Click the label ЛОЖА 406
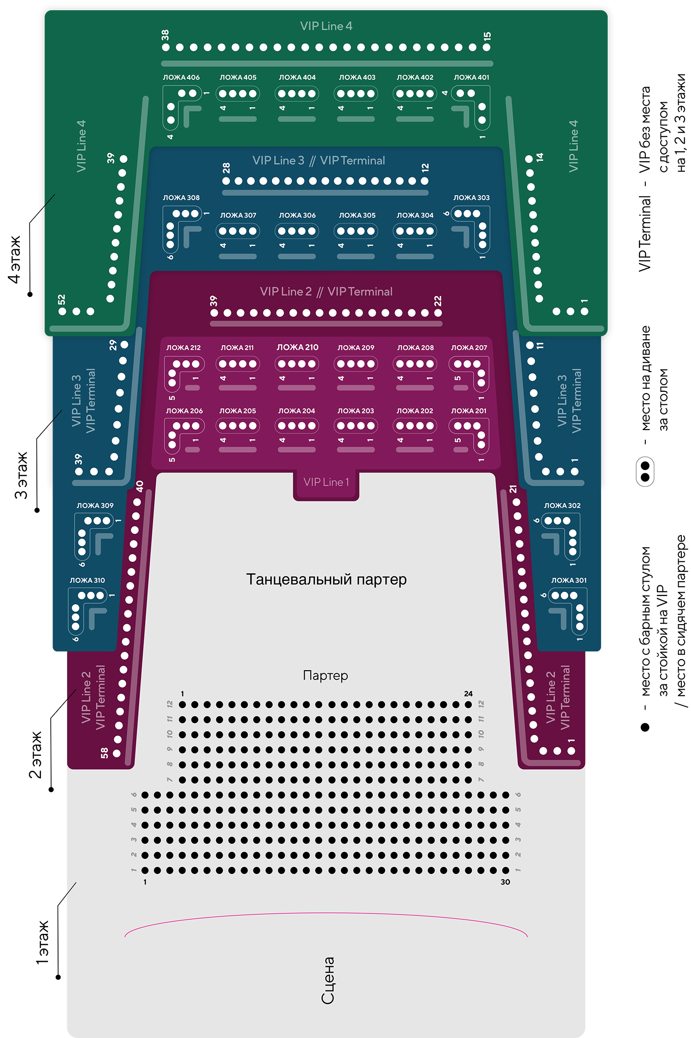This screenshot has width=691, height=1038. tap(181, 77)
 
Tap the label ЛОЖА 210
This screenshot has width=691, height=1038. tap(297, 347)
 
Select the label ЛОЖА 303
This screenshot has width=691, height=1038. tap(471, 197)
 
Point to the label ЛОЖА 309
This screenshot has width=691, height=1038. tap(95, 505)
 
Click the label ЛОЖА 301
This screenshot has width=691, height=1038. tap(569, 580)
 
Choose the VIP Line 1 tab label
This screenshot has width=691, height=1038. tap(326, 482)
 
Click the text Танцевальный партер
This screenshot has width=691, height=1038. tap(326, 579)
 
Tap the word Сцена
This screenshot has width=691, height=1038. tap(328, 980)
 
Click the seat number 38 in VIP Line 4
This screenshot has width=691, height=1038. tap(165, 35)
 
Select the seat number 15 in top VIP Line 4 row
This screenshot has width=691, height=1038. tap(487, 36)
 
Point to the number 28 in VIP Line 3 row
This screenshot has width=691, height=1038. tap(226, 168)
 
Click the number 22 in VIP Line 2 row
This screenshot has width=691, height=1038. tap(438, 301)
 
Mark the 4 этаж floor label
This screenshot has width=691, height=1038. tap(14, 259)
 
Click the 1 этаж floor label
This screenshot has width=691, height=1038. tap(42, 943)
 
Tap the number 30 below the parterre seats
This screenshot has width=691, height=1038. tap(505, 882)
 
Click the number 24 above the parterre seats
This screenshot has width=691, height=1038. tap(468, 694)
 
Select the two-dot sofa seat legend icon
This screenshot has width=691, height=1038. tap(645, 471)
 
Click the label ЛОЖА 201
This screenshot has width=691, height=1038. tap(468, 411)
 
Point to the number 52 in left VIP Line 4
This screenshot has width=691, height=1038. tap(62, 300)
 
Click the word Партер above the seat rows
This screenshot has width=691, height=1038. tap(326, 675)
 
